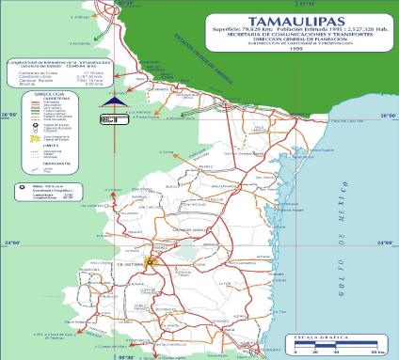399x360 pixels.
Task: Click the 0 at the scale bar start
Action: [295, 350]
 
